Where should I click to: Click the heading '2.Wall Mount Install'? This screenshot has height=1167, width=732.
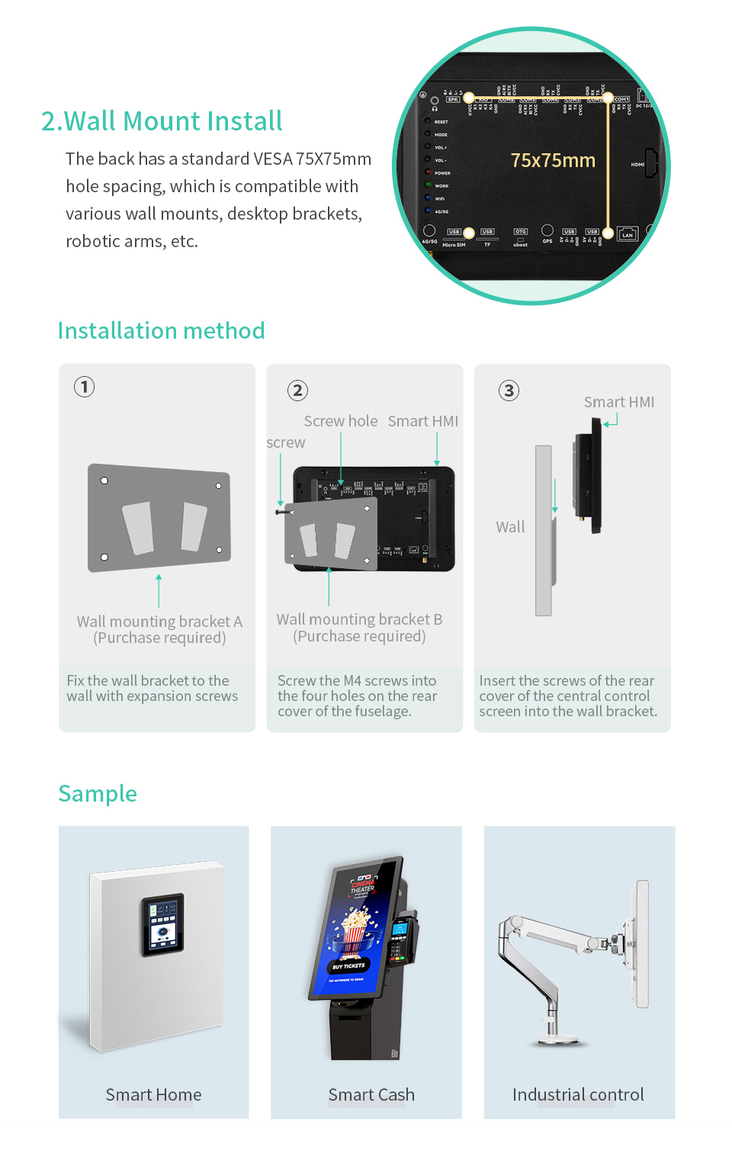click(162, 121)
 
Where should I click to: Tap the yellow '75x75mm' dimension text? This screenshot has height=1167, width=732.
click(553, 161)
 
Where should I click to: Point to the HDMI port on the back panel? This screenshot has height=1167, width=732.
click(650, 163)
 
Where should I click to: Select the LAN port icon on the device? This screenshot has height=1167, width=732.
click(627, 233)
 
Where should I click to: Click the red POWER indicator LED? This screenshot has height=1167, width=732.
click(429, 172)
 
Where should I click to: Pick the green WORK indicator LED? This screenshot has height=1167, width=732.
click(429, 185)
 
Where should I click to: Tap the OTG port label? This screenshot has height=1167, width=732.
click(520, 231)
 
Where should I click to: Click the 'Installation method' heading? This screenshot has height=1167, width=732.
click(162, 331)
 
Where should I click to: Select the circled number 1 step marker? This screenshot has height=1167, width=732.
click(85, 387)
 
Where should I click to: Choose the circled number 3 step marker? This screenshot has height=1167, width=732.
click(509, 391)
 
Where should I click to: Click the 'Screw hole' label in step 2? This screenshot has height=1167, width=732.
click(340, 421)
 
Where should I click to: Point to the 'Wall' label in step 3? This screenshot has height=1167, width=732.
click(510, 527)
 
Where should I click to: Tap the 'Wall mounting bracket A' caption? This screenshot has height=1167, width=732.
click(159, 622)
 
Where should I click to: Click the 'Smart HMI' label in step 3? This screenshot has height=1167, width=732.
click(619, 402)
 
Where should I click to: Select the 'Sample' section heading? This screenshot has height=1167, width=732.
click(98, 794)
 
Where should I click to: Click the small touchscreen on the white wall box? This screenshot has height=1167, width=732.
click(162, 924)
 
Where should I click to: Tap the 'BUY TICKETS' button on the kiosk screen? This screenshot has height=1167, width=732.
click(348, 966)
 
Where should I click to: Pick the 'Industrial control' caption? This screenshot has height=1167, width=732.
click(578, 1095)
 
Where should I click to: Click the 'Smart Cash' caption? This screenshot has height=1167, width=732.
click(371, 1095)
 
